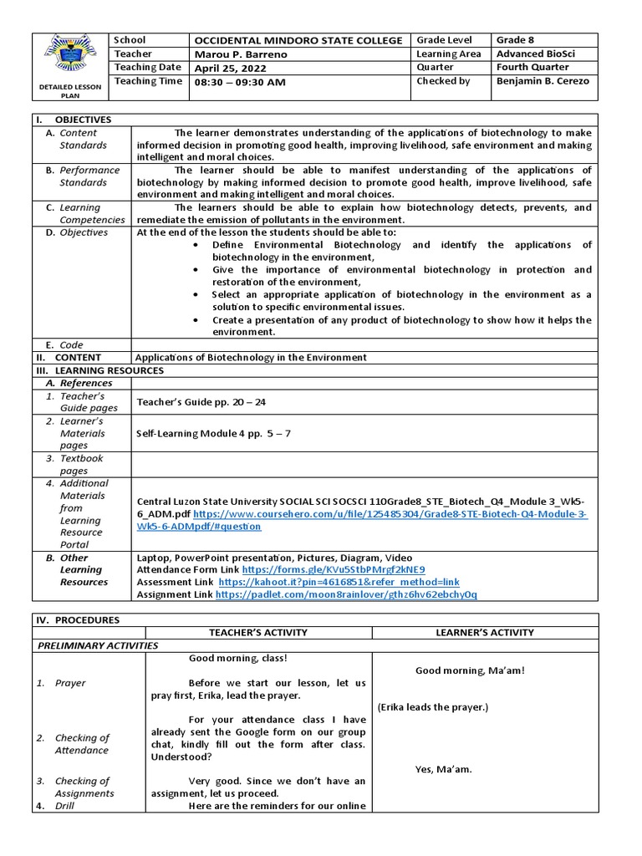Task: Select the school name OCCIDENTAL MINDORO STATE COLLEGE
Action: tap(298, 41)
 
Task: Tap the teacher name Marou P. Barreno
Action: tap(240, 54)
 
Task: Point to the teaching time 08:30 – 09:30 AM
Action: tap(240, 82)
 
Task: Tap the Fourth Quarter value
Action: tap(532, 68)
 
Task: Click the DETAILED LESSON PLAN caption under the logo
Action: tap(70, 90)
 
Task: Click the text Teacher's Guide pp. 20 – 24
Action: tap(201, 402)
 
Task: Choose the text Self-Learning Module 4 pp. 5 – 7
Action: tap(213, 433)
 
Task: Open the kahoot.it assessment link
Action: tap(339, 582)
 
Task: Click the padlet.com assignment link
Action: tap(347, 594)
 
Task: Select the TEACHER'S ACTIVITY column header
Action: tap(258, 633)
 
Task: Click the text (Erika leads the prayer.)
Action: tap(432, 707)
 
